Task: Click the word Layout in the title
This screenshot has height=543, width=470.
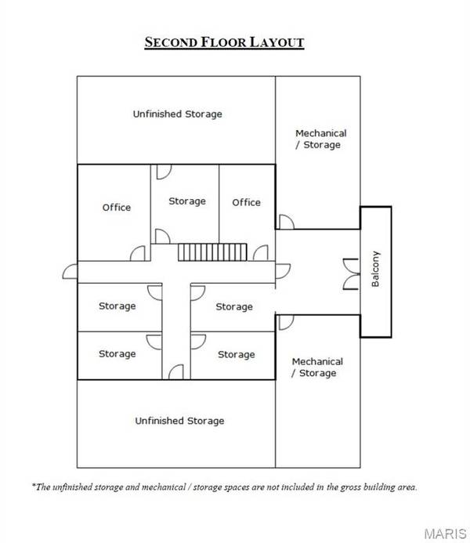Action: tap(277, 42)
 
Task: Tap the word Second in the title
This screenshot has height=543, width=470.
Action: tap(171, 42)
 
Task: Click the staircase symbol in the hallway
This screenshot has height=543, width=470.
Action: tap(212, 252)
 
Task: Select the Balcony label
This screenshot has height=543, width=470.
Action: tap(375, 269)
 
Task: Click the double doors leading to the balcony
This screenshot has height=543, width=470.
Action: tap(351, 274)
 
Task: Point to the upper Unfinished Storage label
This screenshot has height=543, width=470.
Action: tap(178, 114)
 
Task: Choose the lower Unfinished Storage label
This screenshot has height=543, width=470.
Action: tap(179, 421)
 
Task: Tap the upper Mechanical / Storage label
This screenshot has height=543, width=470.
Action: tap(321, 139)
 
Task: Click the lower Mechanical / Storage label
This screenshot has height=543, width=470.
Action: tap(317, 367)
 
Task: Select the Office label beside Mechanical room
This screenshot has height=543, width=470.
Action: tap(247, 202)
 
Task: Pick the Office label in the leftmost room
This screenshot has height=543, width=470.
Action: tap(117, 208)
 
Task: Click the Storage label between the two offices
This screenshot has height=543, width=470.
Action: tap(187, 201)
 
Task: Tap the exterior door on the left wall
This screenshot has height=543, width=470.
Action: tap(70, 271)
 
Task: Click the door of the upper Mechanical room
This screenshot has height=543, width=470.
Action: tap(287, 222)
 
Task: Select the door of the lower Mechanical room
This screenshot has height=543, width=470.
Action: tap(286, 322)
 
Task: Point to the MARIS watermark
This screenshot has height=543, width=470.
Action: tap(446, 534)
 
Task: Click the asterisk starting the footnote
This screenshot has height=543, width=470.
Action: tap(34, 485)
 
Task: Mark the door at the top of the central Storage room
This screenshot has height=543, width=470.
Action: tap(164, 172)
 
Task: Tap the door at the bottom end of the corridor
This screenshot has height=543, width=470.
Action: tap(175, 372)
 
